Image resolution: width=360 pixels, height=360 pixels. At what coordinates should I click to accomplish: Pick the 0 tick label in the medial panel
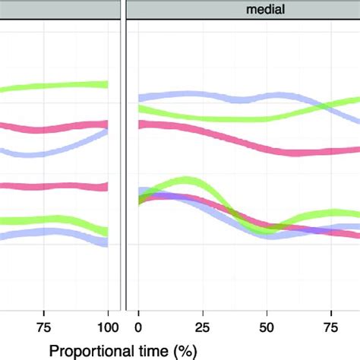coord(138,327)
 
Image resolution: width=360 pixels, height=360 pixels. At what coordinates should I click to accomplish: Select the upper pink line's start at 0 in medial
coord(139,125)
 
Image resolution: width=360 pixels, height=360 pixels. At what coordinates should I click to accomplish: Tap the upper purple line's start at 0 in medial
coord(139,98)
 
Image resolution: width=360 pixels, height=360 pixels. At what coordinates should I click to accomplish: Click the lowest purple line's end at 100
coord(107,242)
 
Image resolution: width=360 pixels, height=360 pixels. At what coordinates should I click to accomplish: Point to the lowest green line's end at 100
coord(107,229)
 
